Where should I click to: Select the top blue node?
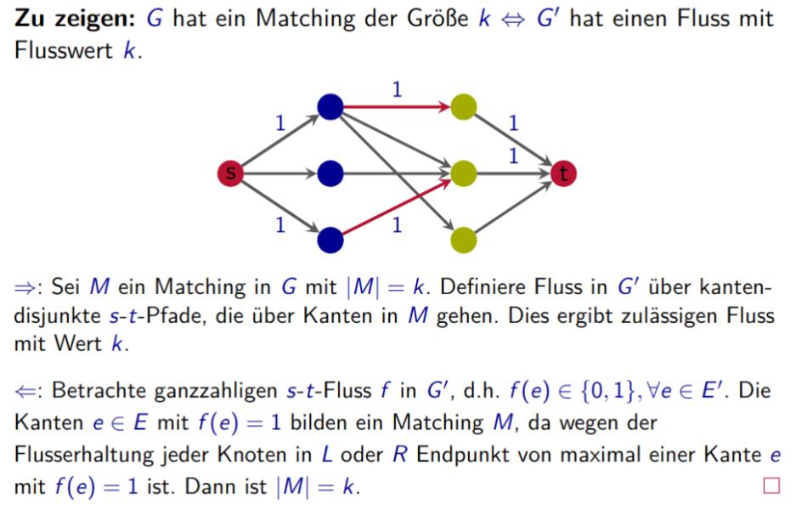point(329,106)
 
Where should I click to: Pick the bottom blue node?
point(329,240)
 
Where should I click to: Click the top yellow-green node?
point(464,106)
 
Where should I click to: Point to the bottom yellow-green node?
point(464,240)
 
